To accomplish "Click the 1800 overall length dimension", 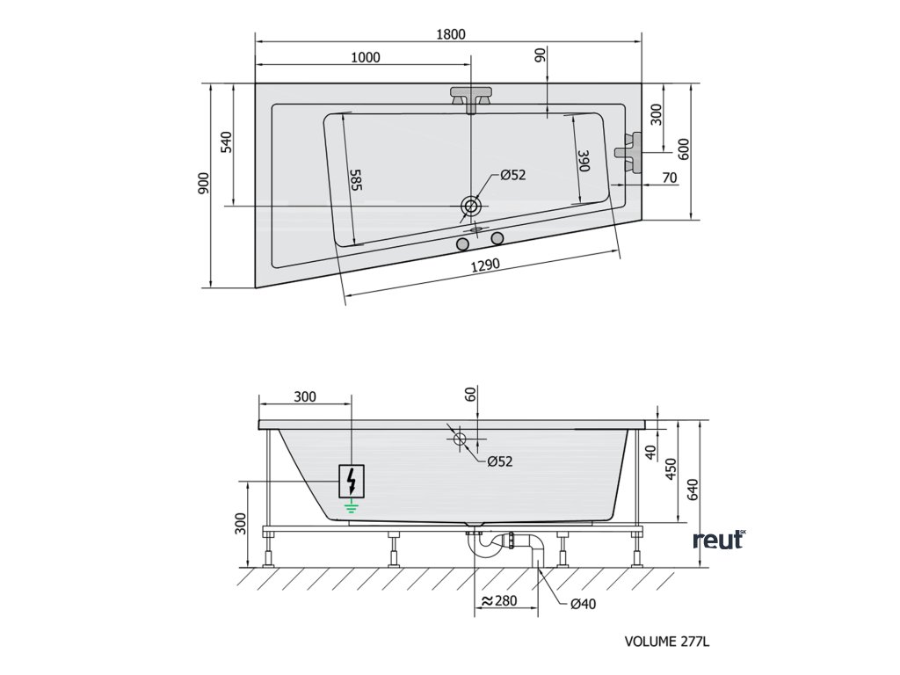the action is pos(450,34).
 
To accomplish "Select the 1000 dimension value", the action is pos(365,58).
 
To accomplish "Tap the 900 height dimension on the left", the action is pos(204,183).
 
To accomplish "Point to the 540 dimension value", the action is pos(226,142).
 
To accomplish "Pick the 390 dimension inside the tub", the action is pos(583,162).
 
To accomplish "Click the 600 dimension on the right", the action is pos(684,150).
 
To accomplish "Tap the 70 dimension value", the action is pos(669,178).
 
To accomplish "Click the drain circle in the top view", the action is pos(471,207).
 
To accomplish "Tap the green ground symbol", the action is pos(352,504).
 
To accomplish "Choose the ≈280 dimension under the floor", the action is pos(497,602).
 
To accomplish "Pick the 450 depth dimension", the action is pos(671,471).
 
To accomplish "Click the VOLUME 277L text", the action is pos(666,642).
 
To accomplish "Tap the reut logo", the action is pos(718,540).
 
